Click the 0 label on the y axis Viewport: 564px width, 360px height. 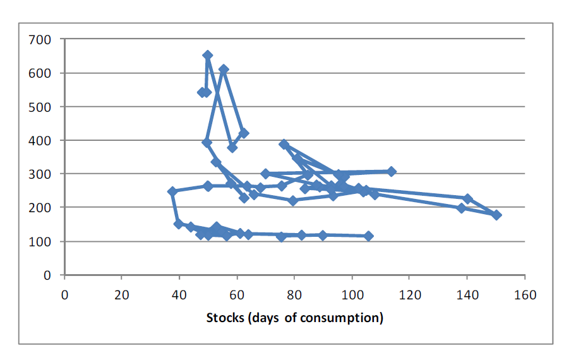pos(47,275)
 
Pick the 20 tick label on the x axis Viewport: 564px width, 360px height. pos(122,295)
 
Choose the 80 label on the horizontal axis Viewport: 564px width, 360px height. pos(294,295)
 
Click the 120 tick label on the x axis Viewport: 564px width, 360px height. pos(409,295)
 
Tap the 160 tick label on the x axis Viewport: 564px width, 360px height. pos(525,295)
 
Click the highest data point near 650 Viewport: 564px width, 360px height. pos(208,56)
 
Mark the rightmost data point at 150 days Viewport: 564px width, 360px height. pos(496,215)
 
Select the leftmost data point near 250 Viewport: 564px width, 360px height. pos(172,191)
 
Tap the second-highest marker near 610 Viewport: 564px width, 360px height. pos(224,69)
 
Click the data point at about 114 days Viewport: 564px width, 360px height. pos(392,172)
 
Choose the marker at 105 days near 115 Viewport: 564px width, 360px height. pos(369,236)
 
